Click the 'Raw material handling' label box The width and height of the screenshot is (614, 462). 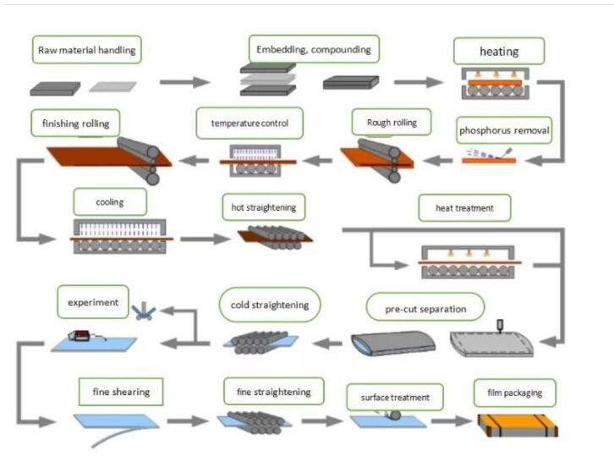point(86,50)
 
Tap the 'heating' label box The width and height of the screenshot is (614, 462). point(499,52)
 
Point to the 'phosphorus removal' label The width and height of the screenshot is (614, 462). point(505,130)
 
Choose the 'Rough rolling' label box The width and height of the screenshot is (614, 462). point(392,123)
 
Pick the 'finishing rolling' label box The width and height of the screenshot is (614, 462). point(75,124)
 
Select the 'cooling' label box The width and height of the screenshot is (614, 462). point(110,203)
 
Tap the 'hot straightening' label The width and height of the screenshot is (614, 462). point(264,206)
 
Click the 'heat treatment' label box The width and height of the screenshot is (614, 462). point(463,206)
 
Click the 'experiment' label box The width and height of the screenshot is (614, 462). point(94,300)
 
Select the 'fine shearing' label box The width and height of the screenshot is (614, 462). point(121,393)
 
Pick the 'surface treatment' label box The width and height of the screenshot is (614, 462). point(394,397)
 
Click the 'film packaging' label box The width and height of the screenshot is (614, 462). point(514,393)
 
